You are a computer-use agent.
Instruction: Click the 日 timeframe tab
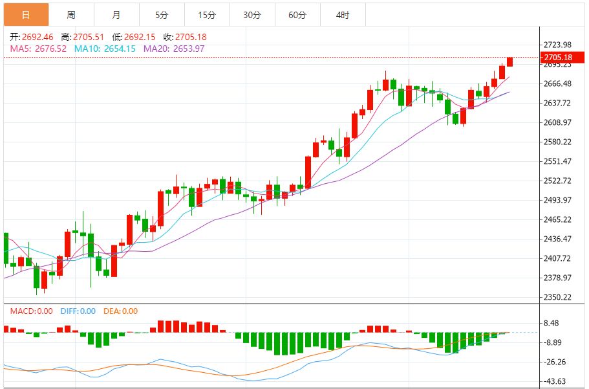(26, 14)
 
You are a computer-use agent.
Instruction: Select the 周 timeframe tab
(71, 14)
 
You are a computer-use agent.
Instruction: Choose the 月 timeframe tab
(116, 14)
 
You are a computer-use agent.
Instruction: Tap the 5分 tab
(162, 14)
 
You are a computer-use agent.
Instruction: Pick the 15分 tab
(207, 14)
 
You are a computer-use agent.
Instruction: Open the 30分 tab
(252, 14)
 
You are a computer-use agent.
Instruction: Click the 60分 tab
(297, 14)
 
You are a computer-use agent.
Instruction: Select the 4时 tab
(343, 14)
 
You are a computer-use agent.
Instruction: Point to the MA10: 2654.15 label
(105, 49)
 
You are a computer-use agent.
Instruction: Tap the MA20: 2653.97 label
(174, 49)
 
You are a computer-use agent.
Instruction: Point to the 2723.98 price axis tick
(557, 45)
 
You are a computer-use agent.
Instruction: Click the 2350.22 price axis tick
(557, 297)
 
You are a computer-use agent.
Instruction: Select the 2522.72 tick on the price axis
(557, 180)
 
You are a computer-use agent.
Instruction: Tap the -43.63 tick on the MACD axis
(556, 381)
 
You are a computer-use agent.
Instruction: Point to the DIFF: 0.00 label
(78, 311)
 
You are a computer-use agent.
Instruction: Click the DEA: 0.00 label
(120, 311)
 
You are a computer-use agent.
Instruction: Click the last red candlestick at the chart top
(510, 61)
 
